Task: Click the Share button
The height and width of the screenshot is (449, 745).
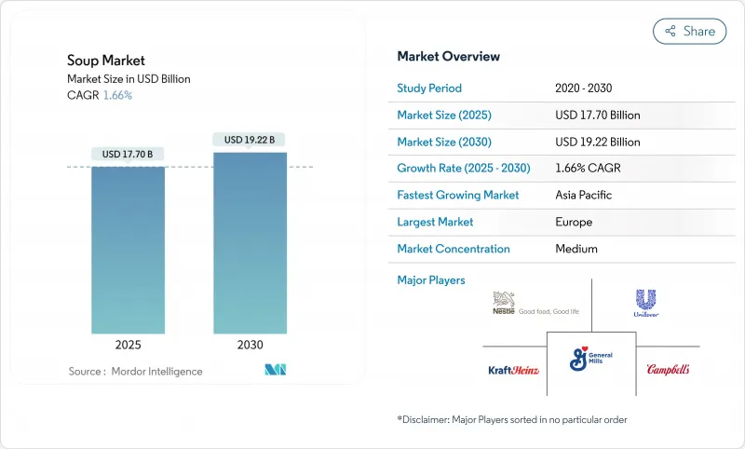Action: click(x=690, y=31)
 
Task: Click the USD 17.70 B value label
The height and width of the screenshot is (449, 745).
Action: click(x=128, y=154)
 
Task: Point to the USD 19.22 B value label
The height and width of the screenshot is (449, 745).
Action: click(x=250, y=140)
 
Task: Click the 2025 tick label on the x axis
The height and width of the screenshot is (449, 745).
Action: click(x=128, y=345)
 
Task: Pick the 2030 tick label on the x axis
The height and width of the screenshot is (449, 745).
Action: click(x=250, y=345)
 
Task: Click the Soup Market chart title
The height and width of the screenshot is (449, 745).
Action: click(x=106, y=61)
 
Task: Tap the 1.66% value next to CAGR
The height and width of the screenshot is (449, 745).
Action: click(x=116, y=95)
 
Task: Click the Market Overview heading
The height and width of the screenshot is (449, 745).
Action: click(x=448, y=56)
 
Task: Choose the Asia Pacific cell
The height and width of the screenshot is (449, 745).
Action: click(x=585, y=196)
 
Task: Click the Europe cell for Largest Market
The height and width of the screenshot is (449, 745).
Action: click(x=574, y=222)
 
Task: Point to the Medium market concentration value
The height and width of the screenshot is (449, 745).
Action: click(x=576, y=249)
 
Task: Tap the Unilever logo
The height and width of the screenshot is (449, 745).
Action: click(x=647, y=304)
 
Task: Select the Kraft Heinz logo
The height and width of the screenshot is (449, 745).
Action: click(x=514, y=370)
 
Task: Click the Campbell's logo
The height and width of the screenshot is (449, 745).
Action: click(x=668, y=370)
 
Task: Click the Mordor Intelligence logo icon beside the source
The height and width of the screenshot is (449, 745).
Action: click(x=275, y=370)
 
